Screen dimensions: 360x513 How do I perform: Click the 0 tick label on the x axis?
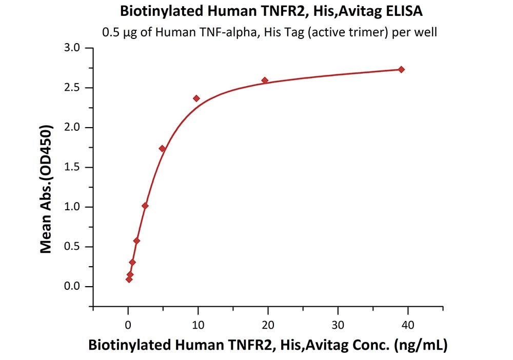[128, 325]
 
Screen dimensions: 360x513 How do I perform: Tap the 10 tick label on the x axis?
[198, 325]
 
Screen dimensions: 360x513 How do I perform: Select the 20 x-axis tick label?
[267, 325]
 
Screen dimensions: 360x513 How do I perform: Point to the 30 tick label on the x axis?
[338, 325]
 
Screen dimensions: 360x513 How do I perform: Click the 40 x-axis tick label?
[407, 325]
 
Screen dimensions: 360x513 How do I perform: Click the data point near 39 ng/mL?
[401, 69]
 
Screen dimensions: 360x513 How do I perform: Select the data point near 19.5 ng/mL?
[265, 80]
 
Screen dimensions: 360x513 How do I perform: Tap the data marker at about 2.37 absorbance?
[196, 98]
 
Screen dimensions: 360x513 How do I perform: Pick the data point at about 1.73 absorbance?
[162, 148]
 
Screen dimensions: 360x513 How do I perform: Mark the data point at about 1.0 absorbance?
[145, 206]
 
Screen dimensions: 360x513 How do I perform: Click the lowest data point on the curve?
[129, 279]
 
